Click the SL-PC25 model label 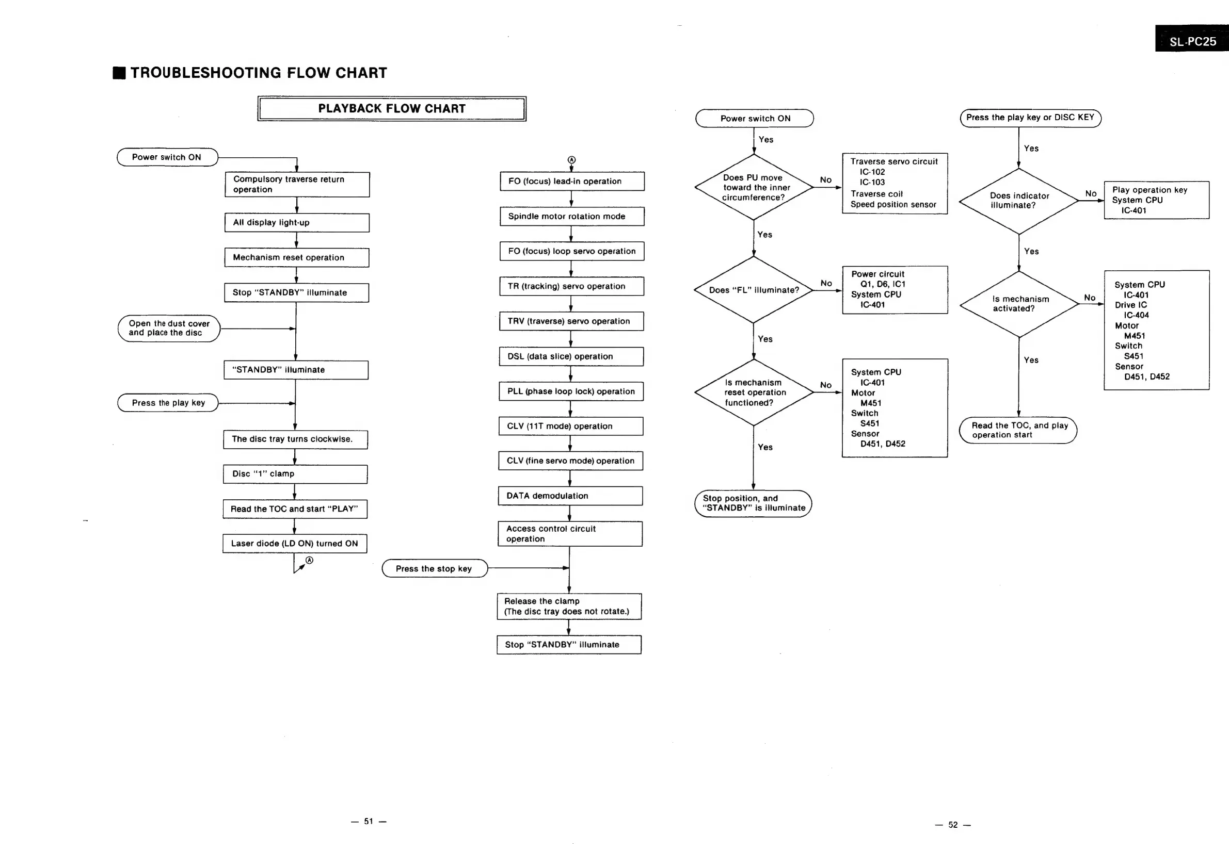1192,41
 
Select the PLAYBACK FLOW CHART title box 392,109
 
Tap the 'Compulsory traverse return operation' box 297,185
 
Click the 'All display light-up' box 297,222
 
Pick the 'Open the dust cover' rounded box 169,329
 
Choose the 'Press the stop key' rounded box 434,568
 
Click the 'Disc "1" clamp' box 295,474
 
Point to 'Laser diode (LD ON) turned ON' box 294,544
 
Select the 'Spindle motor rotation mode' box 572,217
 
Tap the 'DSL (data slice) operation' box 571,357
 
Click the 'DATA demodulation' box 570,496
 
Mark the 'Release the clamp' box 569,607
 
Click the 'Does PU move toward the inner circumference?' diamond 754,187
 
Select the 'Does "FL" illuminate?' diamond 754,290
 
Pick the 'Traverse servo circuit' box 895,184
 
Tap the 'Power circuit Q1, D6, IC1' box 895,289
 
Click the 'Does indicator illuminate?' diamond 1018,201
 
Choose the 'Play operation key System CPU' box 1156,200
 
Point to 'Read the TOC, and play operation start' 1017,430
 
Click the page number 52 953,825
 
